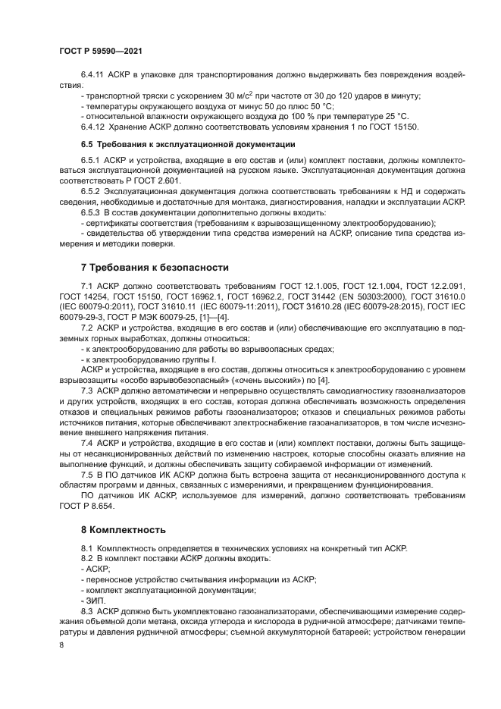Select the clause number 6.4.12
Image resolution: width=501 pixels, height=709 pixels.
[93, 126]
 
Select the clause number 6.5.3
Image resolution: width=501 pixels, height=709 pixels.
[91, 213]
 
